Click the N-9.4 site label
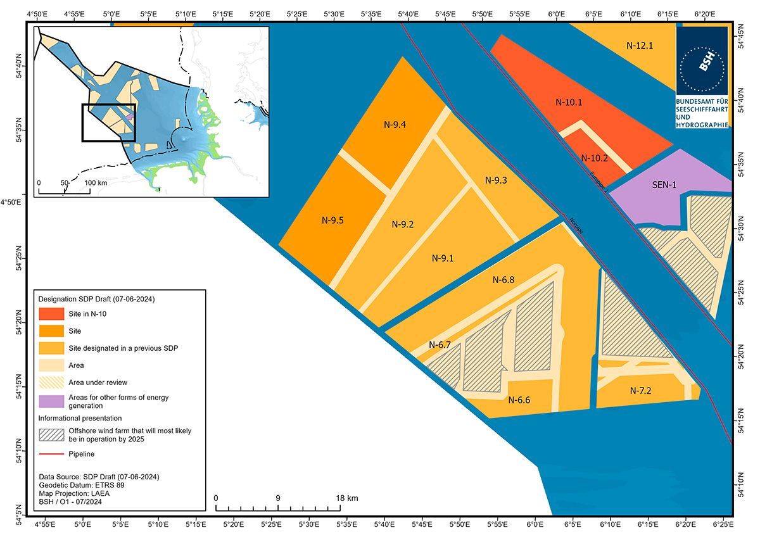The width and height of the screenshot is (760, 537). pos(395,124)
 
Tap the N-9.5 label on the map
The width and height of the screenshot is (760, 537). pos(332,221)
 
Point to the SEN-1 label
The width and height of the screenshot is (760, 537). pos(664,186)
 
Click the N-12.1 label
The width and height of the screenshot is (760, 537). pos(639,45)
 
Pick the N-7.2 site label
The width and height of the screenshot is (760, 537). pos(641,390)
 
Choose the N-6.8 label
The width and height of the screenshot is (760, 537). pos(503,279)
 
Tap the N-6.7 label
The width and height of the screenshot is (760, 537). pos(440,345)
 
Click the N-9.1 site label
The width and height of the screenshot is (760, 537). pos(443,258)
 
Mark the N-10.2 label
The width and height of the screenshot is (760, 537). pos(595,158)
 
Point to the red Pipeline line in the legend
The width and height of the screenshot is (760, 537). pos(51,454)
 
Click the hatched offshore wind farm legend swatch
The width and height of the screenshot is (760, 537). pos(51,435)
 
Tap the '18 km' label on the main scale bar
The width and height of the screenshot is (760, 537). pos(348,498)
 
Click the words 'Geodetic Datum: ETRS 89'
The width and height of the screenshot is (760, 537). pos(81,484)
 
